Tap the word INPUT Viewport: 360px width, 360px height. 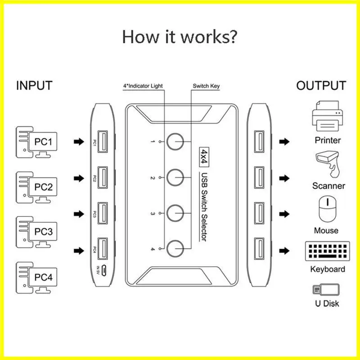point(34,85)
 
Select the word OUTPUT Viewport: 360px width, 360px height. point(321,85)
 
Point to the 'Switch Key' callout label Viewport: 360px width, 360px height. point(206,85)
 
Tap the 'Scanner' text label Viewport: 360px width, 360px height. point(328,186)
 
